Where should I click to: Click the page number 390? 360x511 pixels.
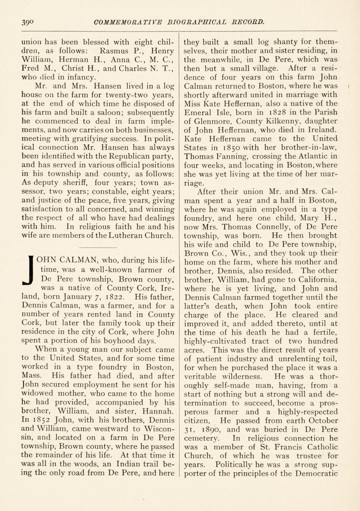click(x=28, y=22)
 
